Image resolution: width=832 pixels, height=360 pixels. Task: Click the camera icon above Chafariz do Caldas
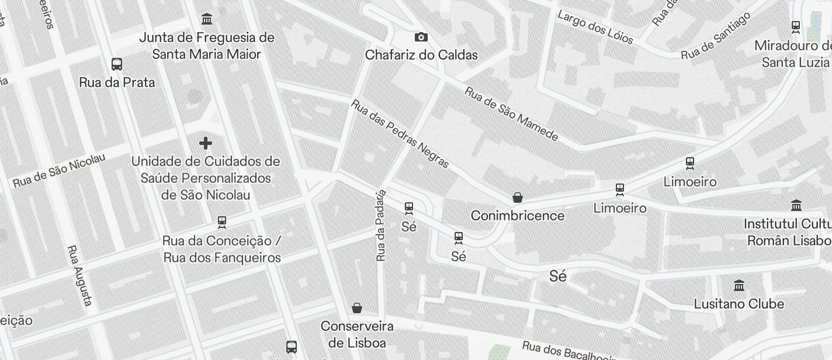click(x=421, y=37)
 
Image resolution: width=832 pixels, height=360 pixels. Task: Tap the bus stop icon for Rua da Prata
click(x=117, y=64)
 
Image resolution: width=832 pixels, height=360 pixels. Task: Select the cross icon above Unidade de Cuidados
click(x=206, y=143)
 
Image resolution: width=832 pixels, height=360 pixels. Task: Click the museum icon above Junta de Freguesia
click(x=207, y=19)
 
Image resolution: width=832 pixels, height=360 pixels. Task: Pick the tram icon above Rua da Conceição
click(x=222, y=222)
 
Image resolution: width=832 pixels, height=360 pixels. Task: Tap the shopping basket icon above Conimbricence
click(x=517, y=198)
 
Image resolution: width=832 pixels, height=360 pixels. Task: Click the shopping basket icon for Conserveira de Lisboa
click(x=357, y=308)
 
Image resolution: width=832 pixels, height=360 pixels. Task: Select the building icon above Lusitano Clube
click(x=739, y=286)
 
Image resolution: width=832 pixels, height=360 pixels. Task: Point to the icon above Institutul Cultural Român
click(x=796, y=206)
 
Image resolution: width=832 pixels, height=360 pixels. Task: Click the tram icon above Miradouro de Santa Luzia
click(x=795, y=26)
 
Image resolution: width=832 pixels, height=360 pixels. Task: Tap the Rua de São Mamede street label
click(x=511, y=115)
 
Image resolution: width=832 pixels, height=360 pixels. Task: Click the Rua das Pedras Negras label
click(x=400, y=134)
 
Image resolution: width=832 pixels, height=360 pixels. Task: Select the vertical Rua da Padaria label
click(x=381, y=225)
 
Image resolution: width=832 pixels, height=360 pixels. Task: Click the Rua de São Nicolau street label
click(x=59, y=171)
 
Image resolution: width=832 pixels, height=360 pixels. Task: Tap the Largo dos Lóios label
click(x=595, y=27)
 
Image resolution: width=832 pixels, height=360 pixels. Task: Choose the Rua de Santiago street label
click(x=716, y=36)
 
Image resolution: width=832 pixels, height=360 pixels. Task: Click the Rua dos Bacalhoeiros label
click(x=570, y=351)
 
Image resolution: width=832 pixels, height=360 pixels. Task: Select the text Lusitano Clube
click(x=739, y=304)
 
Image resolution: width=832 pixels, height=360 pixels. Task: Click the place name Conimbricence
click(x=518, y=216)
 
